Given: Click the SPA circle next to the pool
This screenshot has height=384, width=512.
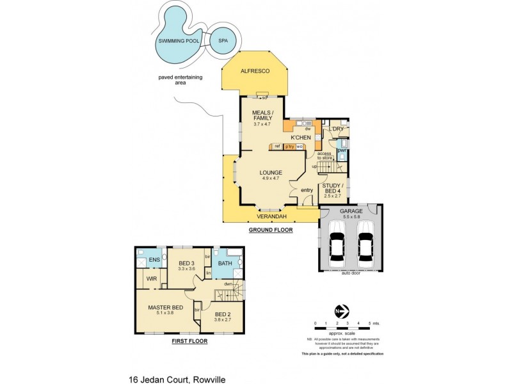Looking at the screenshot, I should pos(223,40).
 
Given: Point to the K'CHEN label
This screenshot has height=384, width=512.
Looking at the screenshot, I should pos(301,138).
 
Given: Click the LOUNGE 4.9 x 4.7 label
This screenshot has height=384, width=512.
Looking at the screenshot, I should pos(271,175).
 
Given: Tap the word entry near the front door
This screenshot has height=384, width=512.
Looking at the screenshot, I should pos(307,189).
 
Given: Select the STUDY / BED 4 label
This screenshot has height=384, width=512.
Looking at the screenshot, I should pos(335,189).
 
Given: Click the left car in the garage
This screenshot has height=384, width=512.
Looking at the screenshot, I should pos(337,245).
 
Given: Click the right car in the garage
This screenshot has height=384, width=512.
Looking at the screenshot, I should pos(365,245).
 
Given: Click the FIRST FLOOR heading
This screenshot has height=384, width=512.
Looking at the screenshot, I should pos(189,341).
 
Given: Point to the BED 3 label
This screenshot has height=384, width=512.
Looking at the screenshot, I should pos(188,263).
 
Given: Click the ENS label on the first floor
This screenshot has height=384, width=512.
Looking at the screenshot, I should pos(154,260).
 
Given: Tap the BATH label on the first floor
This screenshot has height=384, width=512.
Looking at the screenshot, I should pos(226,262).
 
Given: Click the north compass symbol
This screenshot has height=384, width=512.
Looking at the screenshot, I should pos(340,312).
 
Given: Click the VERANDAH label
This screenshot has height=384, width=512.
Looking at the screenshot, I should pos(271,216).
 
